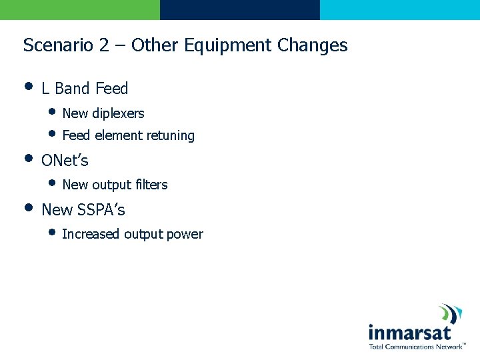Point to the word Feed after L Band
pyautogui.click(x=111, y=89)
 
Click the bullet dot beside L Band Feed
pyautogui.click(x=28, y=86)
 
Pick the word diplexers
pyautogui.click(x=118, y=113)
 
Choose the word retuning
pyautogui.click(x=171, y=136)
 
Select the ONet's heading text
pyautogui.click(x=65, y=161)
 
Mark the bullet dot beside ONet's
pyautogui.click(x=28, y=159)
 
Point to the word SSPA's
pyautogui.click(x=101, y=210)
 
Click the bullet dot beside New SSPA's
pyautogui.click(x=28, y=207)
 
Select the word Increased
pyautogui.click(x=91, y=234)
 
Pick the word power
pyautogui.click(x=185, y=235)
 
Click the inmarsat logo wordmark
pyautogui.click(x=409, y=333)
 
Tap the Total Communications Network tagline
pyautogui.click(x=415, y=347)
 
